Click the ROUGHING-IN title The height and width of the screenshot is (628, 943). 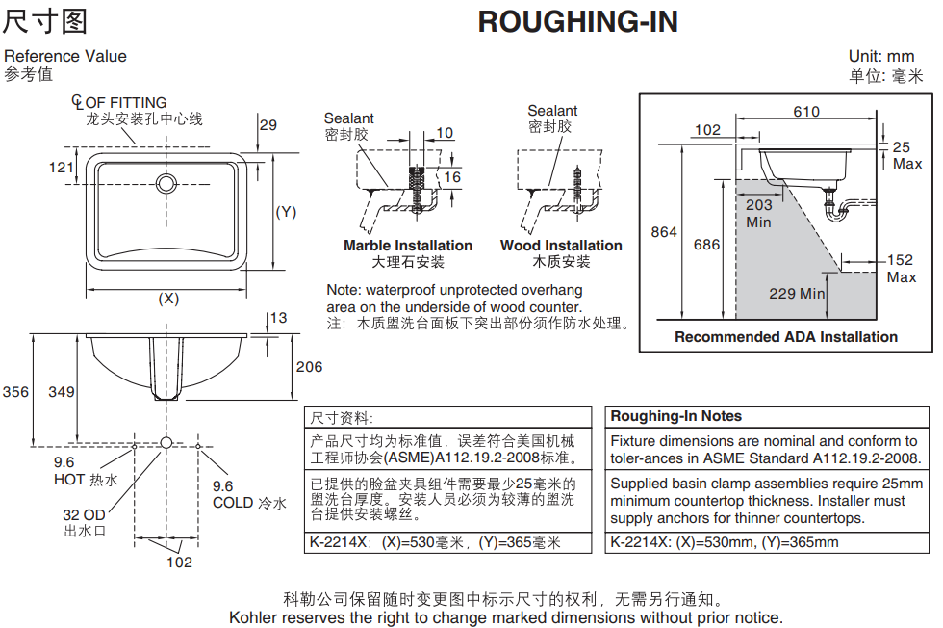[578, 22]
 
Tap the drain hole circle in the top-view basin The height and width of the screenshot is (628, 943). [166, 183]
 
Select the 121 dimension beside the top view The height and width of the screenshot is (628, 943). [62, 168]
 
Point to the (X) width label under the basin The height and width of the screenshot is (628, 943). [168, 299]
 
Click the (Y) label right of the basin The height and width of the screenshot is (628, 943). [287, 212]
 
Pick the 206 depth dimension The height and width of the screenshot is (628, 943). [309, 367]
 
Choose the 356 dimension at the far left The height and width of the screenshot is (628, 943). [15, 392]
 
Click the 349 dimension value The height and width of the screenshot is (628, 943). [62, 392]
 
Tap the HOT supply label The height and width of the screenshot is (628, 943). [86, 480]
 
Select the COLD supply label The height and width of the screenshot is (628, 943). [249, 503]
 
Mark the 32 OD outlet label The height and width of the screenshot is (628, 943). [85, 514]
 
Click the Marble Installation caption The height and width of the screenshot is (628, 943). [408, 246]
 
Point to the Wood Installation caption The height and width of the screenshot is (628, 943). [561, 246]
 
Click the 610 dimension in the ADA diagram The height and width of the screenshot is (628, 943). [806, 112]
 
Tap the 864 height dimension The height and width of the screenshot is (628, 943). [664, 232]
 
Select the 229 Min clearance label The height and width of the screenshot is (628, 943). [797, 293]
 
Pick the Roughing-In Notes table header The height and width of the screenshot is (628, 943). [675, 416]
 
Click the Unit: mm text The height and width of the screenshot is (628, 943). [881, 57]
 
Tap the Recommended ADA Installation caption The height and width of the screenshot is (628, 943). [786, 337]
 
